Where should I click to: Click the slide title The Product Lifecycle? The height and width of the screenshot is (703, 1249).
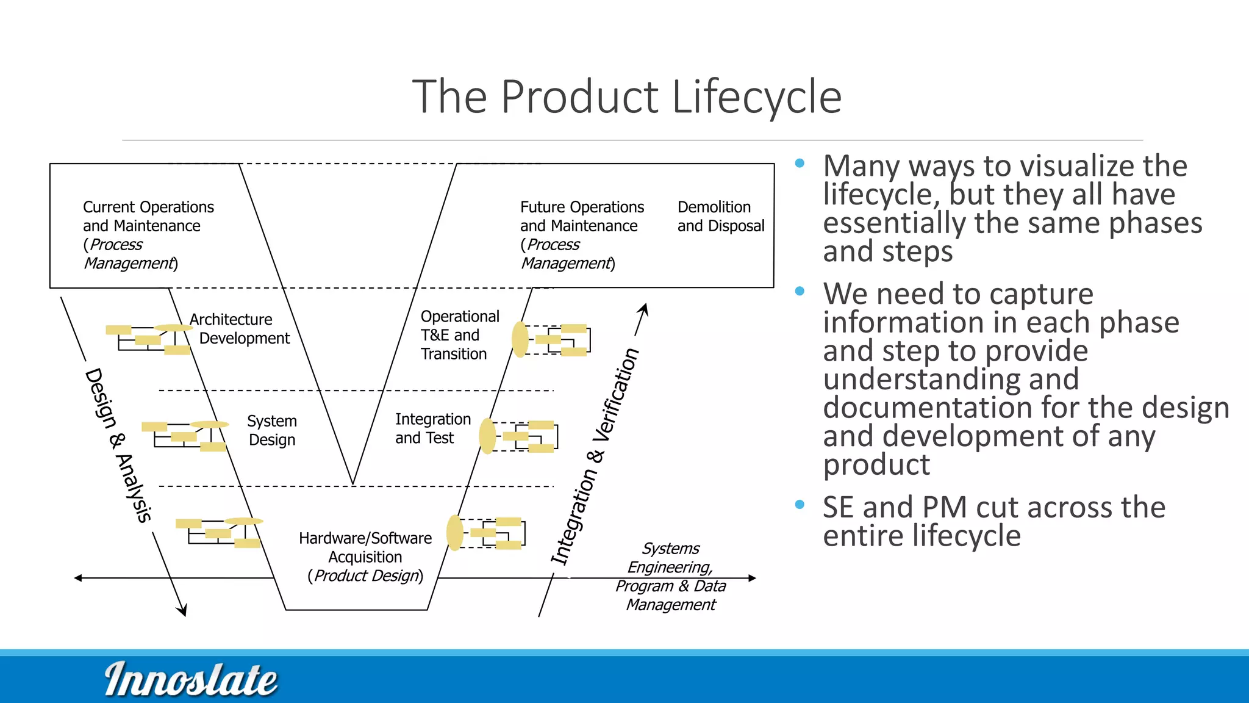626,96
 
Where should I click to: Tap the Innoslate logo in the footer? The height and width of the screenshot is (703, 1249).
190,679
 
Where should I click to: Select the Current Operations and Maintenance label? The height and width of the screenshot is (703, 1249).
148,235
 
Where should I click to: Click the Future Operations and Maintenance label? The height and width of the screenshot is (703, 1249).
581,235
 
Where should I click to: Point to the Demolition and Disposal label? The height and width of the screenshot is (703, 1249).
720,217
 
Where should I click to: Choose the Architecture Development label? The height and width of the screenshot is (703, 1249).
239,329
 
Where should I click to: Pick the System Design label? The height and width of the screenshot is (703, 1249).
272,430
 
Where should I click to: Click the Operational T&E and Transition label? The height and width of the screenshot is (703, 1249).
459,335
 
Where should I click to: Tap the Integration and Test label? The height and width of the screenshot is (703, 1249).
432,428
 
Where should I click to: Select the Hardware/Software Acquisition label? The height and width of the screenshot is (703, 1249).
365,557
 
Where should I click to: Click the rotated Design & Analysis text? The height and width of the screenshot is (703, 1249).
118,445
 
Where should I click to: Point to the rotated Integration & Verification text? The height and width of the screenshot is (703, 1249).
595,456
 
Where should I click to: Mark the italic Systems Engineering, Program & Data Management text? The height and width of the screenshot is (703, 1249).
671,576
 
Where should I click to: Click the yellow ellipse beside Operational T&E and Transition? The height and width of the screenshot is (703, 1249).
520,339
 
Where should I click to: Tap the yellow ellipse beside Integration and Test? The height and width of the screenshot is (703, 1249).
487,436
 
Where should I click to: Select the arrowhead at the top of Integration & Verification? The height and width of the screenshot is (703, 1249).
645,308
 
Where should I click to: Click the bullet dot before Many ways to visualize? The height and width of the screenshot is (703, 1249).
800,164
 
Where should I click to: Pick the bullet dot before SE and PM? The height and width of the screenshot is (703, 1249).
800,505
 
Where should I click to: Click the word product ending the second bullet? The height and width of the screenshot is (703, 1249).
876,465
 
